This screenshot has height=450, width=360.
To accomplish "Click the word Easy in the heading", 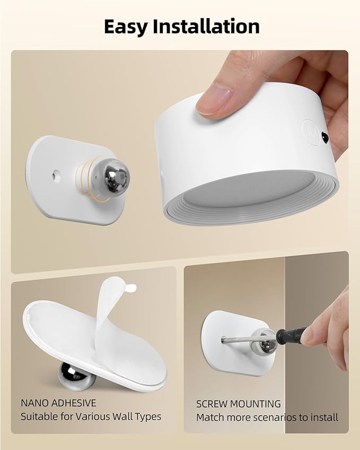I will [128, 27].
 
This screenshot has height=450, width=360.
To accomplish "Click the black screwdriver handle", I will [291, 336].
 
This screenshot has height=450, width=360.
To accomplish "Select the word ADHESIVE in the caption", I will [75, 403].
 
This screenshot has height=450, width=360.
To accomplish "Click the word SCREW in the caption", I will [212, 404].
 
